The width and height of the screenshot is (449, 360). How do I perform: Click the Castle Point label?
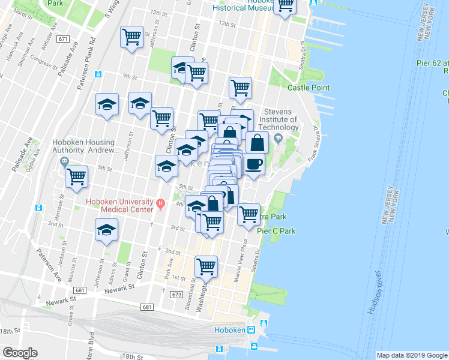pos(309,88)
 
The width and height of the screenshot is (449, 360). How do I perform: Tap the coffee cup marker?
pos(254,164)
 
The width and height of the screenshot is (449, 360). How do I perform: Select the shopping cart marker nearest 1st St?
pos(206,265)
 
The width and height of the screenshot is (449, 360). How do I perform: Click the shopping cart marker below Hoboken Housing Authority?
pos(77,177)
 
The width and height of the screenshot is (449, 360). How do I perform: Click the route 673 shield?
pos(176,295)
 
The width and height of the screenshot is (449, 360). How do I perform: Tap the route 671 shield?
pos(64,39)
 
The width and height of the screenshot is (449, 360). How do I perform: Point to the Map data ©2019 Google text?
pos(411,355)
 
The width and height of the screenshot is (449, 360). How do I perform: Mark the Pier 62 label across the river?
pos(433,62)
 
